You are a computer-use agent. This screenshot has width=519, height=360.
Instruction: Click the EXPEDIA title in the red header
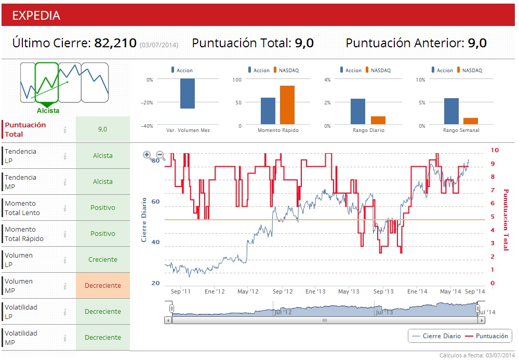pyautogui.click(x=36, y=16)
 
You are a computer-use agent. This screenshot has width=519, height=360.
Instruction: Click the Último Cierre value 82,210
pyautogui.click(x=115, y=43)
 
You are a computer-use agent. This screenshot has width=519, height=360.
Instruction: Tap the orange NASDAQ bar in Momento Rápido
pyautogui.click(x=287, y=105)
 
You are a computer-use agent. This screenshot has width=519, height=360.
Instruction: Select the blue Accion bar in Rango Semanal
pyautogui.click(x=451, y=111)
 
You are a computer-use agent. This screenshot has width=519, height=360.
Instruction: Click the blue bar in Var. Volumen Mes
pyautogui.click(x=188, y=94)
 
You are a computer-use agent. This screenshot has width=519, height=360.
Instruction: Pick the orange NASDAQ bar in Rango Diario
pyautogui.click(x=378, y=121)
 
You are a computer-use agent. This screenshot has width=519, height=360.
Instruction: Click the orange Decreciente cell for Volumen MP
pyautogui.click(x=103, y=285)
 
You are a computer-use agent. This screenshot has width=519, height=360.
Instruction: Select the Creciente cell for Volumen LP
pyautogui.click(x=103, y=259)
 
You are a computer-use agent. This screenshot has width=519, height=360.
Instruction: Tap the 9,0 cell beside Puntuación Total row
pyautogui.click(x=103, y=129)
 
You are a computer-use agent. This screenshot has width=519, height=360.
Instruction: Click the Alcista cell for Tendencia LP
pyautogui.click(x=103, y=155)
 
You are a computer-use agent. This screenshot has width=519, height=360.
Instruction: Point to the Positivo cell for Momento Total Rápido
pyautogui.click(x=103, y=233)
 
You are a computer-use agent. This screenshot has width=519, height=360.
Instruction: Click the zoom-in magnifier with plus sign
pyautogui.click(x=147, y=155)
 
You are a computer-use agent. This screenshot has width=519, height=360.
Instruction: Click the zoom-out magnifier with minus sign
pyautogui.click(x=161, y=155)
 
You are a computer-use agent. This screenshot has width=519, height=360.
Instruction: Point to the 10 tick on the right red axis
pyautogui.click(x=495, y=150)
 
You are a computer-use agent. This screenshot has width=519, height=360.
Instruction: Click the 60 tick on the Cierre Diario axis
pyautogui.click(x=155, y=202)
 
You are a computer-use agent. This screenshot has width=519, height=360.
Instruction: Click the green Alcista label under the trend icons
pyautogui.click(x=48, y=111)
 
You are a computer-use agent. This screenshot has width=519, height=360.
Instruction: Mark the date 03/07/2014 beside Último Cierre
pyautogui.click(x=159, y=45)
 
